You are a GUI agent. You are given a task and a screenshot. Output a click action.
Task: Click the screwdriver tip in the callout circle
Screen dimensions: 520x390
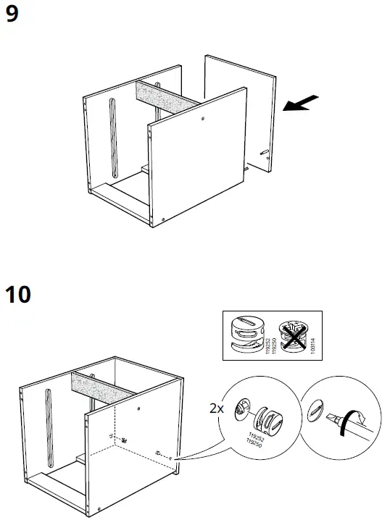point(336,419)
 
